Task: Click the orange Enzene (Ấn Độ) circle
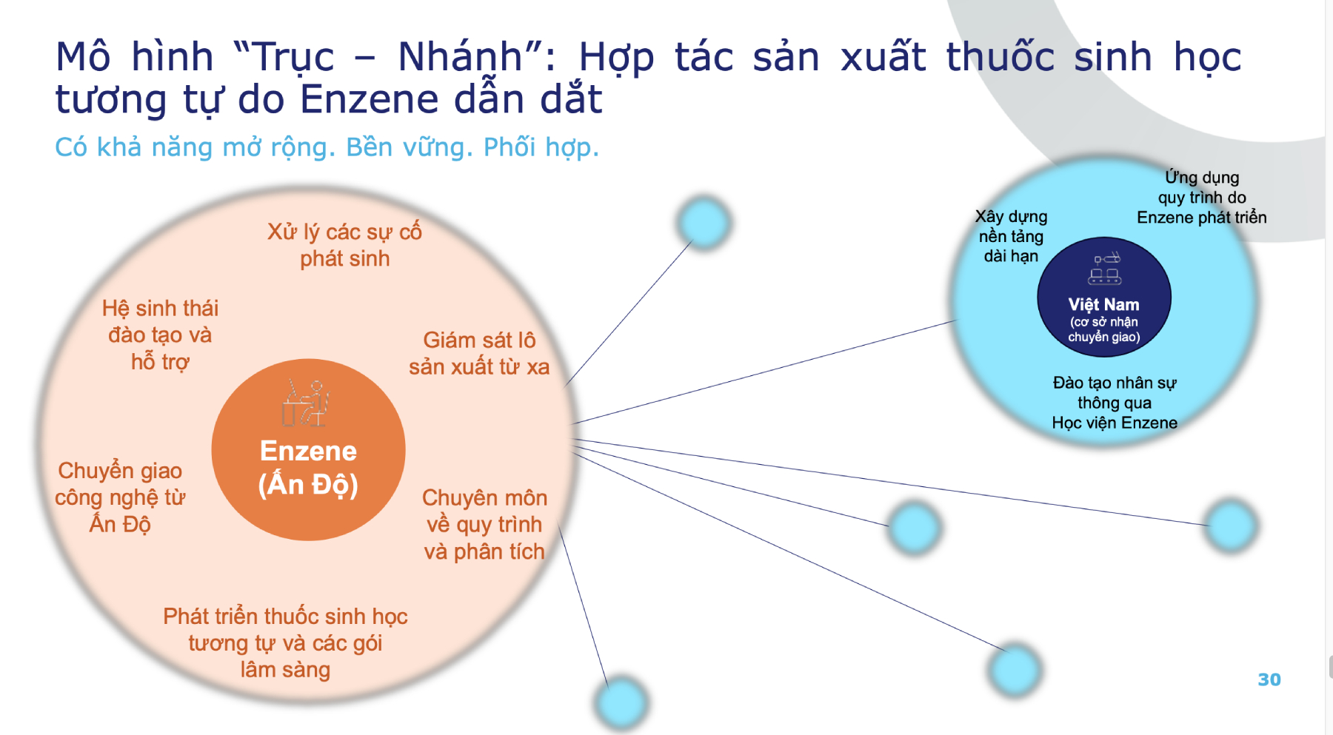(x=308, y=449)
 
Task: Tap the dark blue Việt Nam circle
(x=1103, y=298)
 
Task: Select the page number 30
(x=1269, y=679)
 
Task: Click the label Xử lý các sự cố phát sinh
(x=344, y=245)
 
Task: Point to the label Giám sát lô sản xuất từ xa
(x=479, y=353)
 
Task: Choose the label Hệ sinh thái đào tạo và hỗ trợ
(x=160, y=335)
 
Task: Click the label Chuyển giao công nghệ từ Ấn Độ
(x=120, y=497)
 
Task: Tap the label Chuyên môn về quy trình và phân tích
(x=484, y=524)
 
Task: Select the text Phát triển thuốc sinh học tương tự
(x=285, y=629)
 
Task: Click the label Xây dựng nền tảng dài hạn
(x=1011, y=236)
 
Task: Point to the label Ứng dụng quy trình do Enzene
(x=1202, y=197)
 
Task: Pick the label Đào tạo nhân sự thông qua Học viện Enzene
(x=1115, y=403)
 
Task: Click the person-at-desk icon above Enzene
(x=306, y=403)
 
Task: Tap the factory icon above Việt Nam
(x=1105, y=269)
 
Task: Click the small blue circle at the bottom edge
(x=621, y=702)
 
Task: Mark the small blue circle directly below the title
(x=704, y=222)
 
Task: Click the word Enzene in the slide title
(x=370, y=99)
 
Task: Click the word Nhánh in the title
(x=460, y=58)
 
